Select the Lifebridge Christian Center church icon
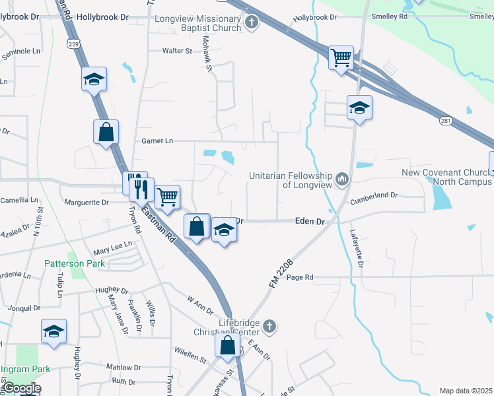(268, 326)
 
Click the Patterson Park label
(65, 263)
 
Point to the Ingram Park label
(22, 368)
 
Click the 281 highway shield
(447, 120)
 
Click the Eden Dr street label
(310, 222)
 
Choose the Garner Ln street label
(157, 141)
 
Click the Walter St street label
(177, 50)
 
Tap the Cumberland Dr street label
(374, 195)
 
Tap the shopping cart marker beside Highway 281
(341, 57)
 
